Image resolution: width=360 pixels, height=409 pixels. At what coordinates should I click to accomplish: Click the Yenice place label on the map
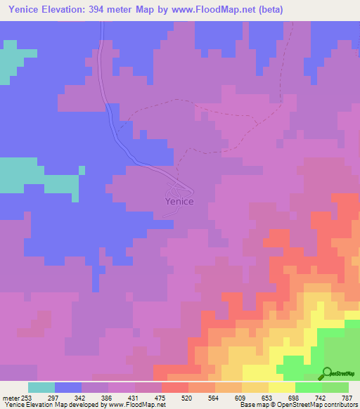179,201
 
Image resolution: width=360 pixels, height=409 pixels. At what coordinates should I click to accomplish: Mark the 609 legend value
241,397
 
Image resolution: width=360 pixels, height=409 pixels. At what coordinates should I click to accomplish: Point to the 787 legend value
347,397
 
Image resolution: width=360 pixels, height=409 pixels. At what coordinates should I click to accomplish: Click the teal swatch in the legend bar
41,387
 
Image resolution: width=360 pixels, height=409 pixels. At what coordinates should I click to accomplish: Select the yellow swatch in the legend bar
281,387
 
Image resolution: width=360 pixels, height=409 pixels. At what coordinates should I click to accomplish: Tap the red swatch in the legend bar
174,387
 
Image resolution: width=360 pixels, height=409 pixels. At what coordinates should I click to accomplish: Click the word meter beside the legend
10,397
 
